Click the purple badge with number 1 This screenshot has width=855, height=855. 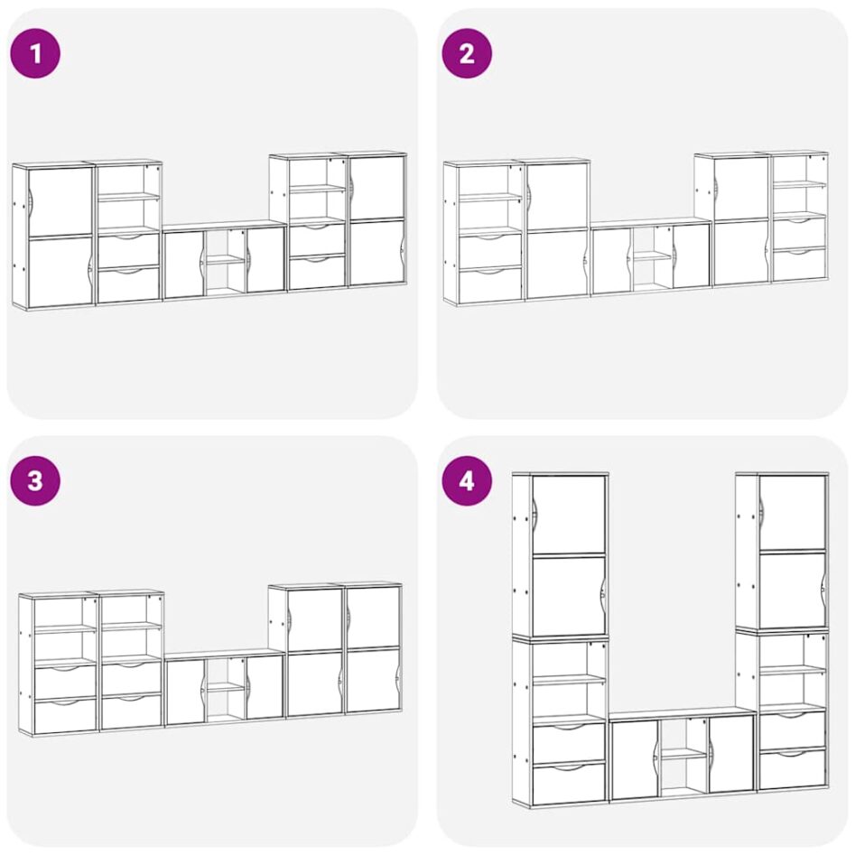click(x=35, y=53)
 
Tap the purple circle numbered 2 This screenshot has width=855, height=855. click(x=467, y=53)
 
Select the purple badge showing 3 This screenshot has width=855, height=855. click(x=35, y=481)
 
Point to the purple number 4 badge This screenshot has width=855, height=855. click(x=467, y=481)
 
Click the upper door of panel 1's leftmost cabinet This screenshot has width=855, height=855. click(x=60, y=201)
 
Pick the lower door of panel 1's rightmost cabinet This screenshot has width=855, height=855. click(x=376, y=253)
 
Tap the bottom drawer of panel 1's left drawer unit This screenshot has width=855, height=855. click(x=129, y=284)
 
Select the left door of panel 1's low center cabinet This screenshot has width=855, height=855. click(x=185, y=265)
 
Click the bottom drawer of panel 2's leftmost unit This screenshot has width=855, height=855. click(x=490, y=284)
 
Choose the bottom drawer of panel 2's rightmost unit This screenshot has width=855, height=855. click(x=799, y=265)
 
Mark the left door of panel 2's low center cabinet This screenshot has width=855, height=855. click(x=612, y=262)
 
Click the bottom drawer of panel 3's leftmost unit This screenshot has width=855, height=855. click(x=65, y=715)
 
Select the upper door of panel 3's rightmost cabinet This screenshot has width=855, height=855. click(x=373, y=617)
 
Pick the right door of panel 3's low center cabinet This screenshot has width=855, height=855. click(x=265, y=686)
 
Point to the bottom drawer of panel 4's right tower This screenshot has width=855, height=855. click(x=792, y=769)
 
